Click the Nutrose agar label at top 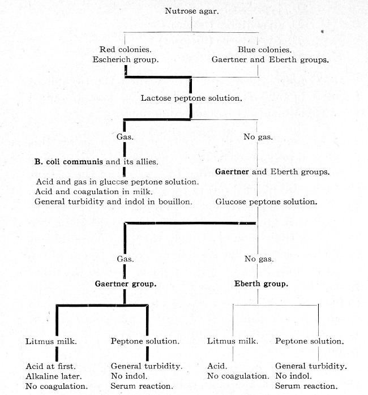(192, 11)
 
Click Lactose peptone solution (191, 98)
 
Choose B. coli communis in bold (69, 161)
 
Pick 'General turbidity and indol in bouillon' (113, 201)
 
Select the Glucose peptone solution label (266, 201)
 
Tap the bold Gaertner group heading (126, 284)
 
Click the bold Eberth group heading (261, 284)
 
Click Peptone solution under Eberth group (309, 341)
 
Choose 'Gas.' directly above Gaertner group (125, 259)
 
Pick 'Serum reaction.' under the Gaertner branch (141, 387)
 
